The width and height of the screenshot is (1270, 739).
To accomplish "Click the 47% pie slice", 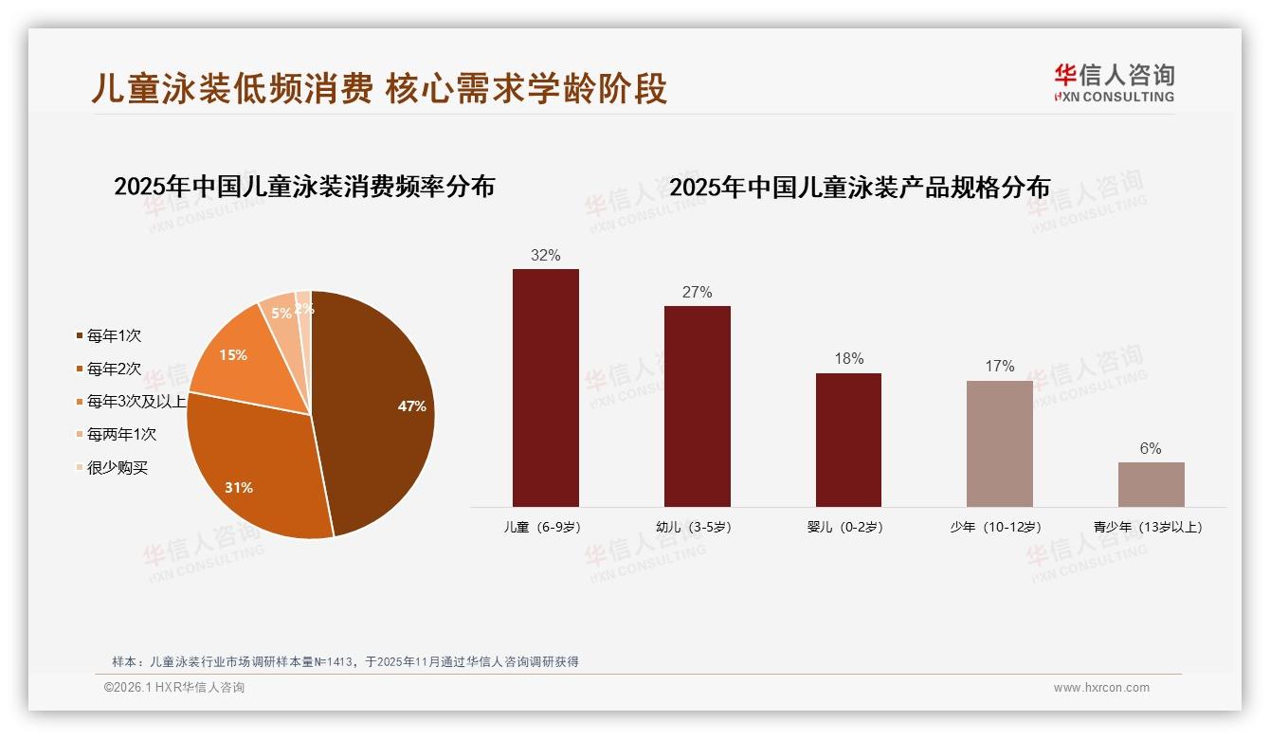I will (379, 407).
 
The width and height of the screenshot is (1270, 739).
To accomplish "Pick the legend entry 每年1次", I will (114, 335).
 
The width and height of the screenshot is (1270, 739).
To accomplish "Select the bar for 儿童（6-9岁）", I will (545, 388).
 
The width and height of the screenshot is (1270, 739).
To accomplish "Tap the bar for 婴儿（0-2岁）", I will (848, 440).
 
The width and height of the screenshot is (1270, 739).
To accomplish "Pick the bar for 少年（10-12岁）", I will (999, 443).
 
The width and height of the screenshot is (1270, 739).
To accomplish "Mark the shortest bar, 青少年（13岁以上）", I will (1151, 484).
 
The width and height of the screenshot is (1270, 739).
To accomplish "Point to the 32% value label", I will (545, 255).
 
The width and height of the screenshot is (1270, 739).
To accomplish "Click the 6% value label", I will (1151, 448).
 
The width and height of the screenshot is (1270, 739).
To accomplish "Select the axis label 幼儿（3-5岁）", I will (694, 527).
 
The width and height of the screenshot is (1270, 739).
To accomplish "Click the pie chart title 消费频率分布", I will (304, 187).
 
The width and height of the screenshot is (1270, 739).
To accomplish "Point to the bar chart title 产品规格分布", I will (860, 188).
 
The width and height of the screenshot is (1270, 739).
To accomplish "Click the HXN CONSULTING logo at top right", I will (1114, 83).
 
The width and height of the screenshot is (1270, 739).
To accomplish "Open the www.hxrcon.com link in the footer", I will (1101, 688).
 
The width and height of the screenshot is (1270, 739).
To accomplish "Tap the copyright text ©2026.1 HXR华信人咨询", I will (174, 688).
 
